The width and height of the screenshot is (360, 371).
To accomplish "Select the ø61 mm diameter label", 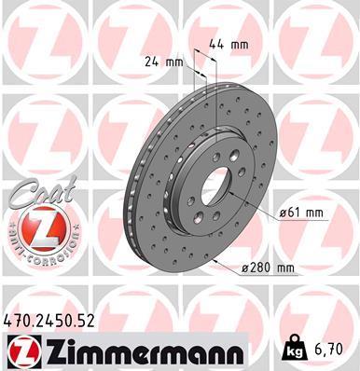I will coord(299,213).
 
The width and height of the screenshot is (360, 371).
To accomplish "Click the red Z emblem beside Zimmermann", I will coord(20,351).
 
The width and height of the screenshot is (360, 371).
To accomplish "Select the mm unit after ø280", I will coord(284,268).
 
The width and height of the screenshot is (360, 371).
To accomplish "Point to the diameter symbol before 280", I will coord(243,269).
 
